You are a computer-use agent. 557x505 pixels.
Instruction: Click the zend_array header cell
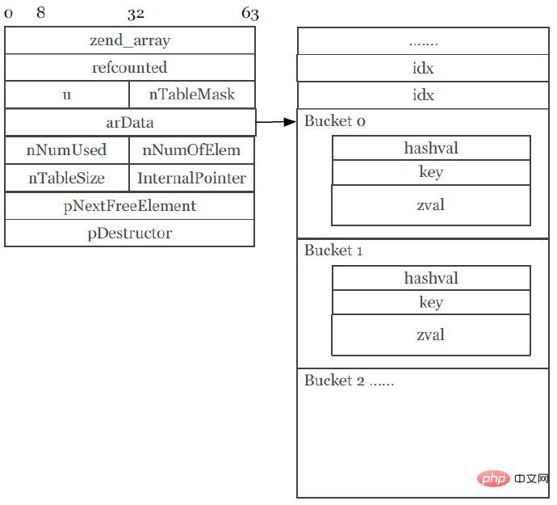pyautogui.click(x=130, y=40)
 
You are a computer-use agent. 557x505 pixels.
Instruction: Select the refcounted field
pyautogui.click(x=130, y=68)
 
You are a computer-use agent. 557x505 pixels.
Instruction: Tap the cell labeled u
pyautogui.click(x=67, y=95)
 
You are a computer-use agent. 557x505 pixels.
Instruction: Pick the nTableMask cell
pyautogui.click(x=192, y=95)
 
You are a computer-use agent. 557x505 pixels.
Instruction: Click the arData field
pyautogui.click(x=130, y=122)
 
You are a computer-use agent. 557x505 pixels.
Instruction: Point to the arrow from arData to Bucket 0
pyautogui.click(x=276, y=122)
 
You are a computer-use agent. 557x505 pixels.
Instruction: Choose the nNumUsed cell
pyautogui.click(x=67, y=150)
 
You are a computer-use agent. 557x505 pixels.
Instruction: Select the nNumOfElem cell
pyautogui.click(x=192, y=150)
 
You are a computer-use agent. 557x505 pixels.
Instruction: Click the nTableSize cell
pyautogui.click(x=67, y=178)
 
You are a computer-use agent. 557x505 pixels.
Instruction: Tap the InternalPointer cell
pyautogui.click(x=192, y=178)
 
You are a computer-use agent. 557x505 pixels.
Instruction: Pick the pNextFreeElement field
pyautogui.click(x=130, y=206)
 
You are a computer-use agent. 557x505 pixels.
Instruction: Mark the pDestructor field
pyautogui.click(x=130, y=233)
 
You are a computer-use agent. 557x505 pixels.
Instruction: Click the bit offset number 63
pyautogui.click(x=250, y=14)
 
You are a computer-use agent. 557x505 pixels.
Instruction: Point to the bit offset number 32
pyautogui.click(x=136, y=15)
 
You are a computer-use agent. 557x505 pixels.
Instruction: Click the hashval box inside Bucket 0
pyautogui.click(x=431, y=148)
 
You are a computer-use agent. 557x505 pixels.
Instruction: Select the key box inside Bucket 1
pyautogui.click(x=431, y=302)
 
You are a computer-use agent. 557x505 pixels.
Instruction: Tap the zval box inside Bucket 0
pyautogui.click(x=431, y=205)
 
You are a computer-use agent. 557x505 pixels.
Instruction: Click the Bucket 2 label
pyautogui.click(x=334, y=381)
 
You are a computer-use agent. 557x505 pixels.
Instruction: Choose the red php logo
pyautogui.click(x=493, y=478)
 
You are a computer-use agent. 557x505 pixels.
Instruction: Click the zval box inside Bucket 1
pyautogui.click(x=431, y=335)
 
